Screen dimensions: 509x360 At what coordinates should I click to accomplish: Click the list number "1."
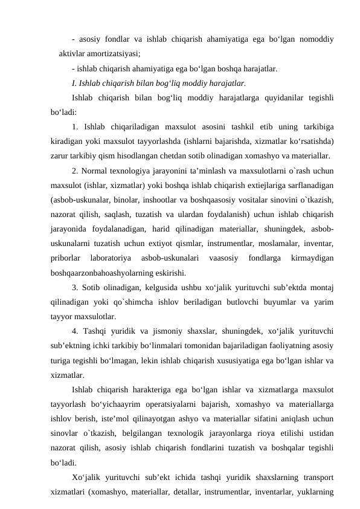(74, 127)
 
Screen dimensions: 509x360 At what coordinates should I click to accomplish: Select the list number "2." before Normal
(74, 171)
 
